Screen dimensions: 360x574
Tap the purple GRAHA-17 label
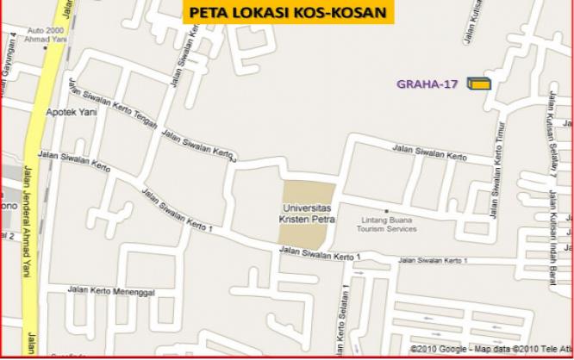pos(427,84)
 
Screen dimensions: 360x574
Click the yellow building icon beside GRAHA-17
pos(478,84)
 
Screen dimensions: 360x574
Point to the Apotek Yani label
pos(72,112)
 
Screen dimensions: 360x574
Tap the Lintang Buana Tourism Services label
pos(387,224)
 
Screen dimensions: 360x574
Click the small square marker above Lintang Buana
pos(387,211)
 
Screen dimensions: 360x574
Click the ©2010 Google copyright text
pos(437,349)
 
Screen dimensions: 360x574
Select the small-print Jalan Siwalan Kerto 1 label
pos(432,260)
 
